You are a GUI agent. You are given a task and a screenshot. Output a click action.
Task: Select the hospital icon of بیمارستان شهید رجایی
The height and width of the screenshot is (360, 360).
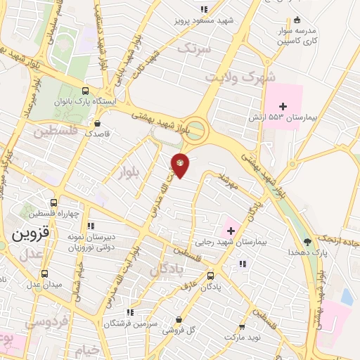231,230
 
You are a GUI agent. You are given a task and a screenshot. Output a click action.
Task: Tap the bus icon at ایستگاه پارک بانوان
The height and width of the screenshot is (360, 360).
85,91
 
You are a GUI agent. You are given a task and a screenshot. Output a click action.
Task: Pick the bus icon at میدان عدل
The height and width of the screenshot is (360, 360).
46,274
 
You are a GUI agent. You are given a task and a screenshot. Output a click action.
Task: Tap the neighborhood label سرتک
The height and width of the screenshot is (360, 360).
194,49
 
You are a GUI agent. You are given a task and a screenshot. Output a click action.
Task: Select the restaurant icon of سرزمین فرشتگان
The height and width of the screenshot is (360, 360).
129,313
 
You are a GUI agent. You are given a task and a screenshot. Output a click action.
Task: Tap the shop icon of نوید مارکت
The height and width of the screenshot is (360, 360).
242,328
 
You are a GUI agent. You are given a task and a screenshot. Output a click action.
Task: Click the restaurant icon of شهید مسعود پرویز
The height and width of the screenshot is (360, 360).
204,9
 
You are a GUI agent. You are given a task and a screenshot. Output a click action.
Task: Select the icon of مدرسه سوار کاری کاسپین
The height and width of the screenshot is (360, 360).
297,20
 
